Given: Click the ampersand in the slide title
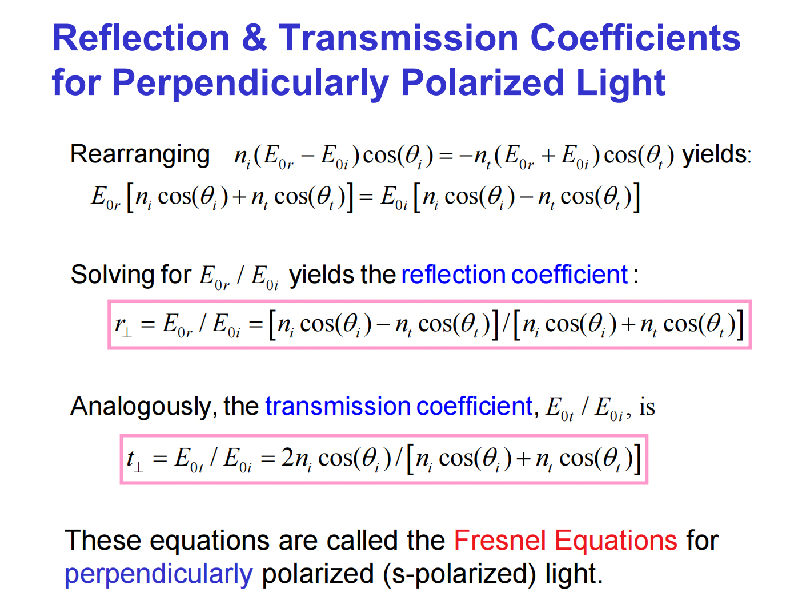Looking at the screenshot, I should coord(254,38).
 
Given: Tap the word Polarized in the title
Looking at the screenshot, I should coord(483,83).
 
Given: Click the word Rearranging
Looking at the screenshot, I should coord(140,154).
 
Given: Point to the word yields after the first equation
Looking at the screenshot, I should coord(714,154).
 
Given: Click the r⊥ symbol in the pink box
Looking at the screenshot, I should coord(123,325).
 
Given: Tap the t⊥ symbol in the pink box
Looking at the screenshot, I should coord(134,459).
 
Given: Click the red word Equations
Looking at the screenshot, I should coord(615,541).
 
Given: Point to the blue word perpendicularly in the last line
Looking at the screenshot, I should coord(158,574).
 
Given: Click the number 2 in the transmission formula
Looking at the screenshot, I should coord(288,458).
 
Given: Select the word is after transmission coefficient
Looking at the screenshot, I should coord(647,407).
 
